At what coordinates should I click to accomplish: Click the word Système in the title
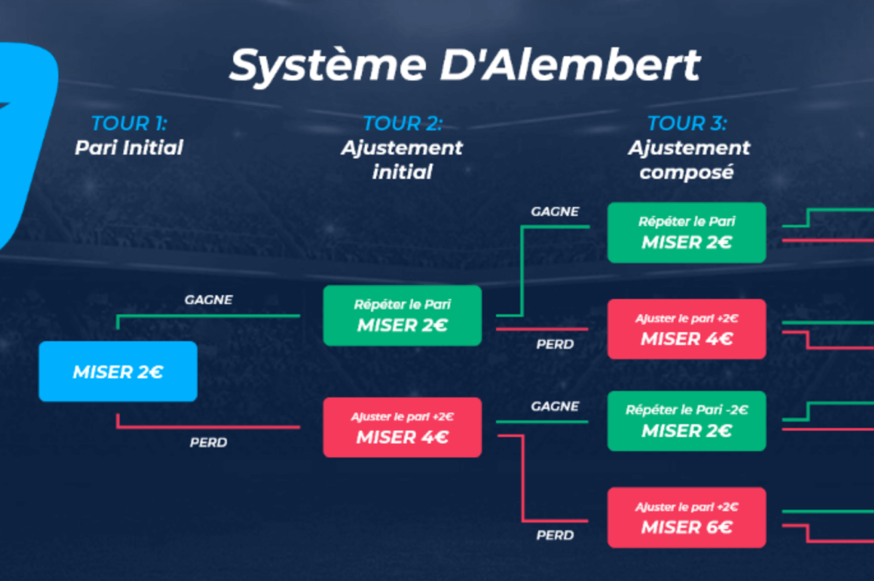tap(328, 66)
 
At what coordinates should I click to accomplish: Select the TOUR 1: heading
tap(130, 123)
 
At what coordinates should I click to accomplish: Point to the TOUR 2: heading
tap(402, 123)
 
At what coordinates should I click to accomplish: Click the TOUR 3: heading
tap(688, 123)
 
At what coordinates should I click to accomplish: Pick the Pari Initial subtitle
tap(129, 148)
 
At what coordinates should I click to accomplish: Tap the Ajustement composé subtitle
tap(688, 160)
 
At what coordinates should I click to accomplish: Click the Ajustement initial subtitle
tap(402, 160)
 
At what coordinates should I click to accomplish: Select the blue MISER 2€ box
tap(118, 371)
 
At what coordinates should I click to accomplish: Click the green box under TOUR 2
tap(402, 315)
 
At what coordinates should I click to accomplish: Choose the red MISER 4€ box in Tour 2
tap(402, 427)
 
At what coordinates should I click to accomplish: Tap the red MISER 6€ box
tap(687, 517)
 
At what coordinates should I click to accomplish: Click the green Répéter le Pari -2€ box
tap(687, 421)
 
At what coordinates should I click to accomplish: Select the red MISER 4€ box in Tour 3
tap(687, 329)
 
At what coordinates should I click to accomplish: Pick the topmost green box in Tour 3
tap(687, 233)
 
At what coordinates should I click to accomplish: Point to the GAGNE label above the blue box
tap(208, 300)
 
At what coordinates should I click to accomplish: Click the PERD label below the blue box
tap(208, 442)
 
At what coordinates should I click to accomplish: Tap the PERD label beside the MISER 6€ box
tap(555, 535)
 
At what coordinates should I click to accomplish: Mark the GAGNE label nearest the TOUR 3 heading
tap(555, 211)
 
